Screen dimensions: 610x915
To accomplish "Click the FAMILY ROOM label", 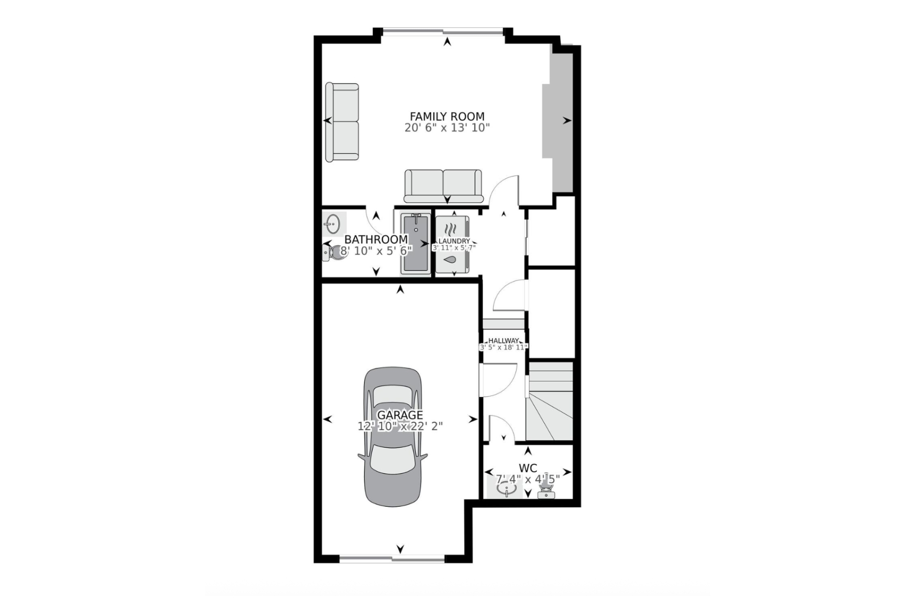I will pyautogui.click(x=447, y=116).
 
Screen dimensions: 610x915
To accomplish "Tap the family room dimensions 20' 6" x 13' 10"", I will pyautogui.click(x=447, y=128).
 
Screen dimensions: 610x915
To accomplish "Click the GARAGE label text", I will pyautogui.click(x=400, y=415).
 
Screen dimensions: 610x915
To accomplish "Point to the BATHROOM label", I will pyautogui.click(x=376, y=239).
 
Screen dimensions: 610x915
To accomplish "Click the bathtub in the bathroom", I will pyautogui.click(x=415, y=244).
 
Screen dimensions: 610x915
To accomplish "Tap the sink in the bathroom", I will pyautogui.click(x=333, y=223).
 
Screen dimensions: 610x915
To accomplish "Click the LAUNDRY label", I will pyautogui.click(x=454, y=241).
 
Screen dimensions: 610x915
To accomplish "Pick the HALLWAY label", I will pyautogui.click(x=503, y=341).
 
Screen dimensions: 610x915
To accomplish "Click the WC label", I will pyautogui.click(x=528, y=468).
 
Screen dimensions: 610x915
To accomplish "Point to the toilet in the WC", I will pyautogui.click(x=546, y=491).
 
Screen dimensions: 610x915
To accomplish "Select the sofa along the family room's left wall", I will pyautogui.click(x=342, y=122).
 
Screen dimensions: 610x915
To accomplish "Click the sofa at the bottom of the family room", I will pyautogui.click(x=443, y=186).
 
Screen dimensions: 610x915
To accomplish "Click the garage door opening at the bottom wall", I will pyautogui.click(x=391, y=559).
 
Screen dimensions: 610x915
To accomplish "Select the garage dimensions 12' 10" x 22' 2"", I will pyautogui.click(x=400, y=426).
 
